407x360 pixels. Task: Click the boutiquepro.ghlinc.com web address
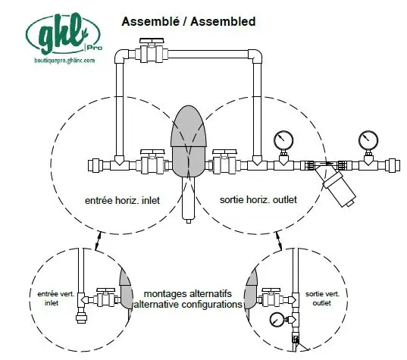coord(64,61)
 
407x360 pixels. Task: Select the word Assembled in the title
coord(223,21)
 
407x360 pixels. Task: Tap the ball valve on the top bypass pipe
coord(152,51)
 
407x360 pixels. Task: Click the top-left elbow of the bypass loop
coord(121,55)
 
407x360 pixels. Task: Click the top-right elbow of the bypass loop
coord(255,55)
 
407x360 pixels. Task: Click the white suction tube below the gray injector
coord(189,199)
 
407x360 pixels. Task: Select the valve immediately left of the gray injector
coord(152,161)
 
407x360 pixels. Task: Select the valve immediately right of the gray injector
coord(225,161)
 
